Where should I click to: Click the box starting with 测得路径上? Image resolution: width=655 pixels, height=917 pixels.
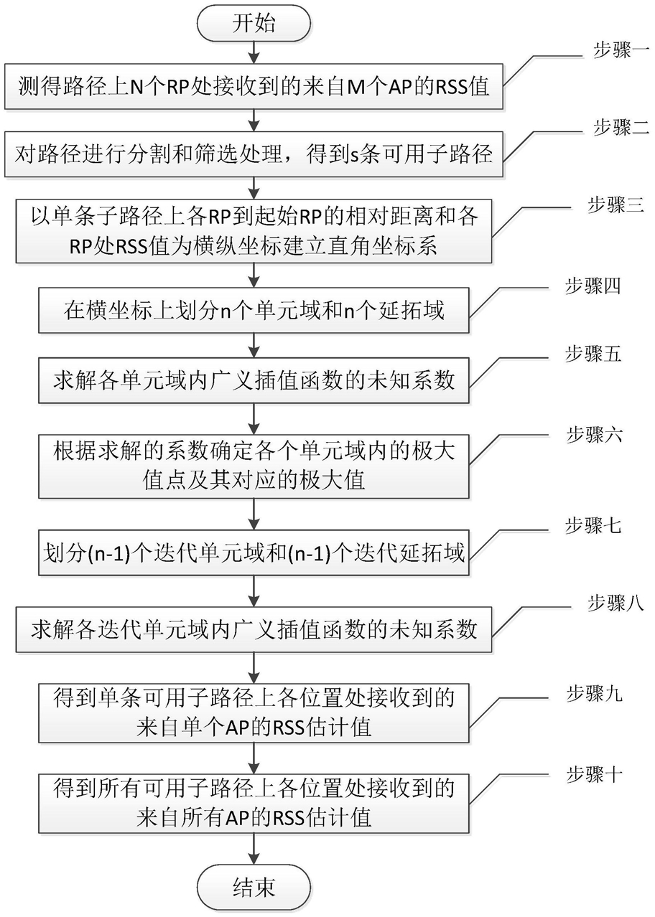coord(254,88)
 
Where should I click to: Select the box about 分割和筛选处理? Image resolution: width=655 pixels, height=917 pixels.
coord(254,154)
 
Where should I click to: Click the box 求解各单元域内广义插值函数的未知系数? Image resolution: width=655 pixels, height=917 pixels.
coord(254,380)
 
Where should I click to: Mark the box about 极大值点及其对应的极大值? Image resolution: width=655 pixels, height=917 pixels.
coord(254,466)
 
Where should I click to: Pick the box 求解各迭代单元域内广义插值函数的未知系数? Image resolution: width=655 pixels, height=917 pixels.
coord(254,629)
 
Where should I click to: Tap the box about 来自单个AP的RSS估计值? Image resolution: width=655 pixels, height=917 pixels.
coord(254,713)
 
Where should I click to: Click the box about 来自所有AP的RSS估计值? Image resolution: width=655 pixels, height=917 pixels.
coord(254,802)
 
